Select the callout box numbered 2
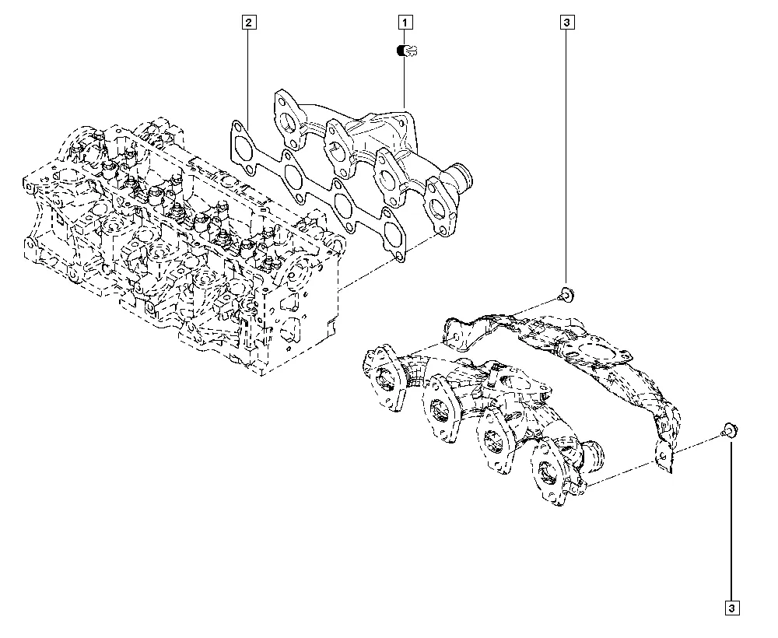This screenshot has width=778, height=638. click(x=247, y=23)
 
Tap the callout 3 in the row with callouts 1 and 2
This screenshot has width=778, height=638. click(x=566, y=23)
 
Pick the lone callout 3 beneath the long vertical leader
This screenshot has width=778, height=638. click(x=732, y=608)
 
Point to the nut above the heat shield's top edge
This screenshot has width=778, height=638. click(x=566, y=294)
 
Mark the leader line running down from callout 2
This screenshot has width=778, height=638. click(x=247, y=78)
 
